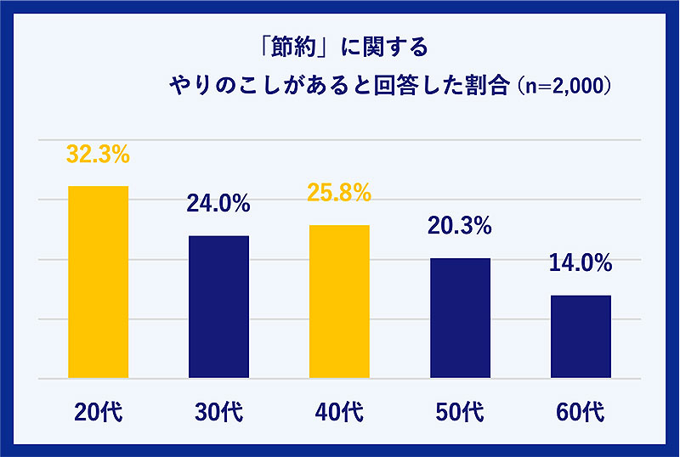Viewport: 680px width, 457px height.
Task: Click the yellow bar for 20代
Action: click(x=98, y=282)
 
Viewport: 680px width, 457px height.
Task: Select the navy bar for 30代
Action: click(x=218, y=307)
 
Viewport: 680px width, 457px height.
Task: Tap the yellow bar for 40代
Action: click(x=339, y=302)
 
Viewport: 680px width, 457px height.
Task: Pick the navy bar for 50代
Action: click(x=460, y=318)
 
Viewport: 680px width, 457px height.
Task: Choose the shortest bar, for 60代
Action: click(x=581, y=336)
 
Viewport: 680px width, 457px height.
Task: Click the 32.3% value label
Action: click(x=98, y=155)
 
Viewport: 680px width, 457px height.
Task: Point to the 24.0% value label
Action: click(x=218, y=204)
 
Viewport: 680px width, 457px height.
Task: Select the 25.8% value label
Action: click(x=339, y=194)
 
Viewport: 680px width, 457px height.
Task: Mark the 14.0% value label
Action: click(x=581, y=263)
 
